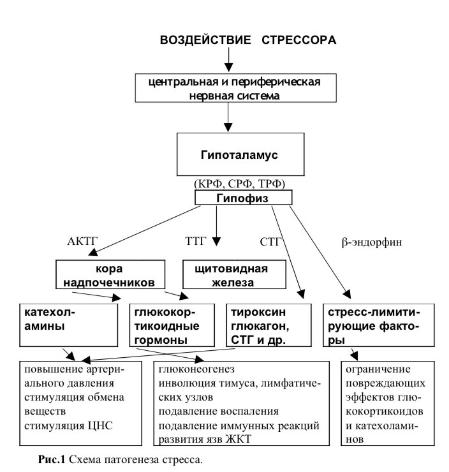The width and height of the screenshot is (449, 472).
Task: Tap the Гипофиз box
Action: (x=243, y=199)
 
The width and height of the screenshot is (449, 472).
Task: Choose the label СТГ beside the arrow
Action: (x=270, y=242)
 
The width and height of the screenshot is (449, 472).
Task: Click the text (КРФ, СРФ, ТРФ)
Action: (x=230, y=184)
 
